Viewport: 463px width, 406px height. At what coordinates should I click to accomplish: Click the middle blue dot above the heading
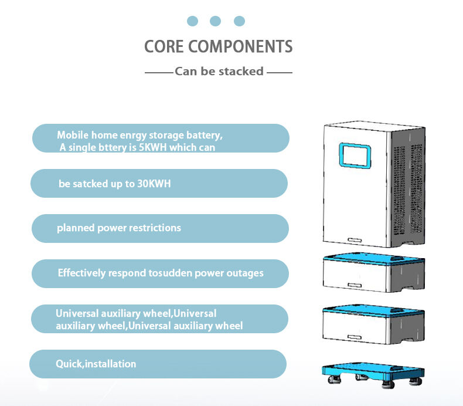point(215,21)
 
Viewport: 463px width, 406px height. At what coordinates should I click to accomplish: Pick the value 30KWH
point(152,184)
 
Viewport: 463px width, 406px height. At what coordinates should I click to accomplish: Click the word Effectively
point(82,273)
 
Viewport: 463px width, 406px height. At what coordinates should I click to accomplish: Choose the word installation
point(111,364)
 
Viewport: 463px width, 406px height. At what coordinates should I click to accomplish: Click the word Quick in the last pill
point(69,364)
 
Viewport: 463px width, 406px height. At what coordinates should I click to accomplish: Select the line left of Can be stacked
point(158,72)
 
